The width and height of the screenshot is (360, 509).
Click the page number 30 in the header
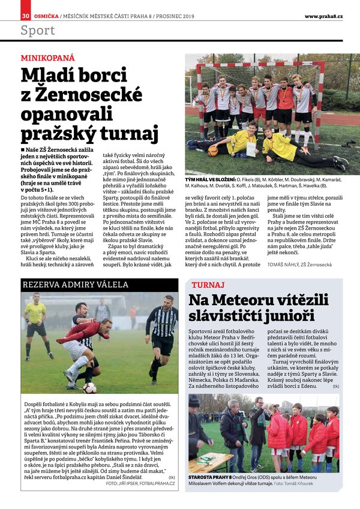point(25,16)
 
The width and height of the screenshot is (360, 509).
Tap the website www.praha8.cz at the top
point(323,16)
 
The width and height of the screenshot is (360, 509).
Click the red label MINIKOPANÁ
point(48,58)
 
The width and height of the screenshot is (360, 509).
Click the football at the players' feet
point(90,388)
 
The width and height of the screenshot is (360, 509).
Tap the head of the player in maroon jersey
point(106,325)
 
